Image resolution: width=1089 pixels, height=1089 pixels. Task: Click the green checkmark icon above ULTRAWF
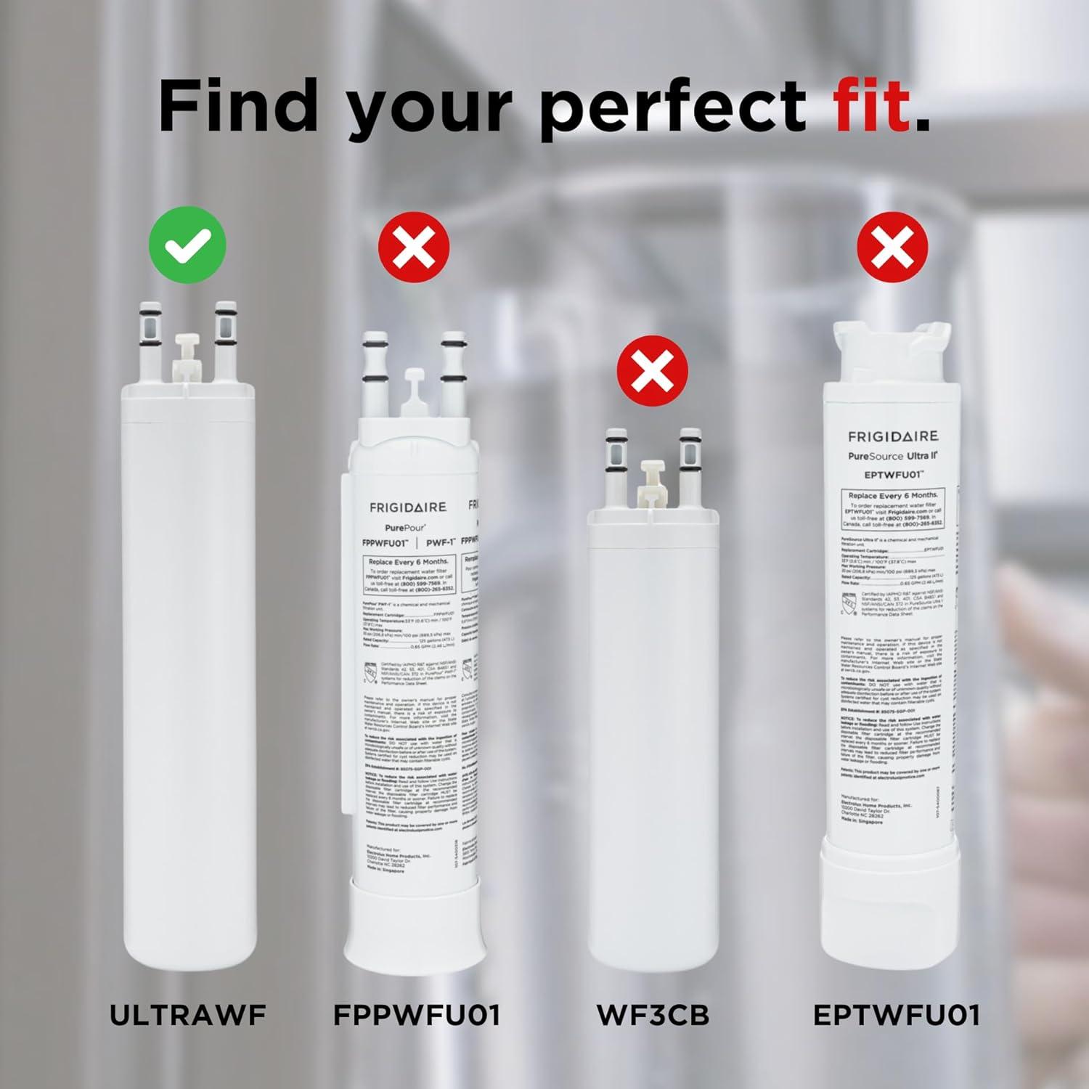coord(187,245)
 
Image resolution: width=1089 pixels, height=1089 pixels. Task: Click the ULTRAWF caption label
coord(188,1014)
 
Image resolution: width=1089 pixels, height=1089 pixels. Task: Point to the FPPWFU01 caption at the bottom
coord(417,1014)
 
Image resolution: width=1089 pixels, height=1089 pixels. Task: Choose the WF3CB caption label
coord(653,1014)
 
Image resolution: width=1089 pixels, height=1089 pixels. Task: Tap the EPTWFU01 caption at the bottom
coord(896,1014)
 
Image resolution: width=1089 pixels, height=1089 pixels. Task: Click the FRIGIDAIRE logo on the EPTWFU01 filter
coord(893,436)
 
